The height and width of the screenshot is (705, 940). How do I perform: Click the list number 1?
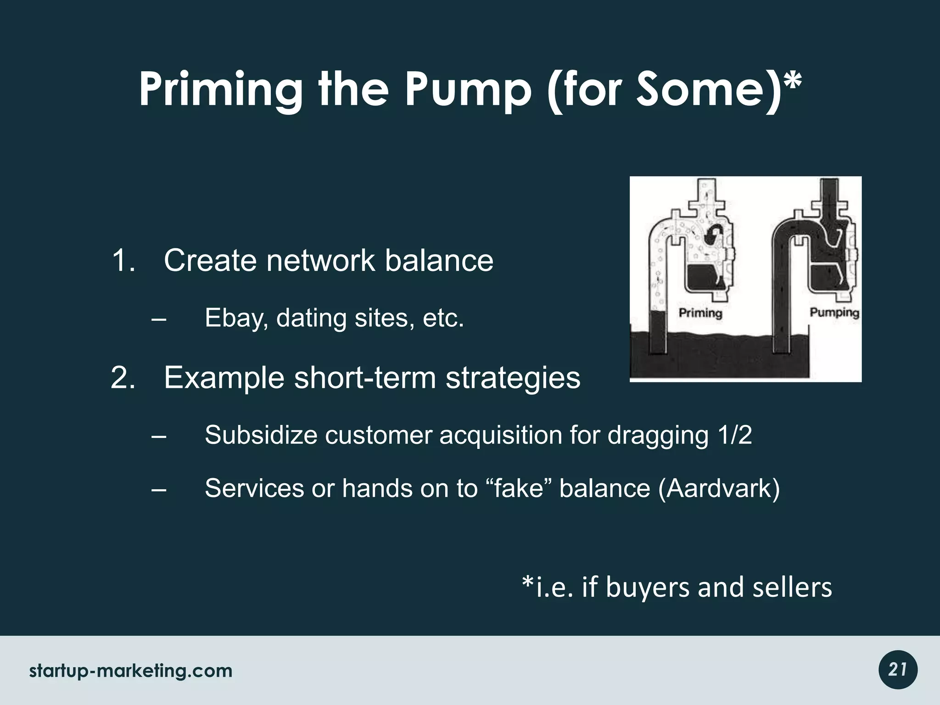coord(123,261)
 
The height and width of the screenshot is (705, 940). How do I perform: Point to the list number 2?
coord(123,378)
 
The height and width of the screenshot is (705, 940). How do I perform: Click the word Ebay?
coord(236,318)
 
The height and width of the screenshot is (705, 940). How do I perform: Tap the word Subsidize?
coord(261,435)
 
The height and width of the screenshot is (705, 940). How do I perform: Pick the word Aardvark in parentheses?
coord(719,488)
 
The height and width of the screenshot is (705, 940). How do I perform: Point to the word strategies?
coord(513,378)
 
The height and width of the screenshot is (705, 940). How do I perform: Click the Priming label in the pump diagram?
coord(700,313)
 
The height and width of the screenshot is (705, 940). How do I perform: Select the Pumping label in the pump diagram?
coord(834,313)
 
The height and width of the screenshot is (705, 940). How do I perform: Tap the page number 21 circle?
coord(898,670)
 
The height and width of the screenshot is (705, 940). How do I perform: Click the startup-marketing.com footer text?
coord(131,671)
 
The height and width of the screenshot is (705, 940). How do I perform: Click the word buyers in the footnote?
coord(648,587)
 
